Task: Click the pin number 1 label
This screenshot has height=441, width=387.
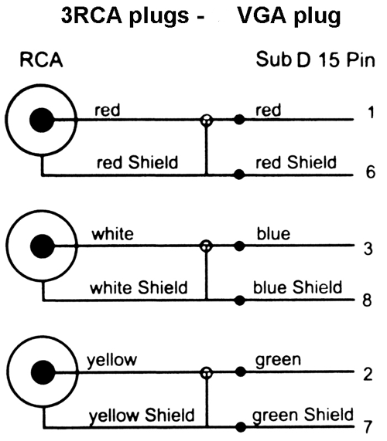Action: [x=372, y=112]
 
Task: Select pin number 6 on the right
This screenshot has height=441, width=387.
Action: [x=371, y=171]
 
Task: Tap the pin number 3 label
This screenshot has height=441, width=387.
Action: [x=368, y=249]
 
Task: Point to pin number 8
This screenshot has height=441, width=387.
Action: [x=367, y=300]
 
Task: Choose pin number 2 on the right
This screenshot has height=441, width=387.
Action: [x=368, y=374]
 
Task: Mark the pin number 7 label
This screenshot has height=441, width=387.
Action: [x=368, y=426]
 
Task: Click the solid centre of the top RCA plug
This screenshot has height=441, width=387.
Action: [x=42, y=120]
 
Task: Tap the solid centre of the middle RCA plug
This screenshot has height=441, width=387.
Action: [x=43, y=246]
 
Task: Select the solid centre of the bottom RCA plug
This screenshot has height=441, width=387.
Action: [x=43, y=371]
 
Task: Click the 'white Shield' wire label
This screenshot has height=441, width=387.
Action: [x=139, y=287]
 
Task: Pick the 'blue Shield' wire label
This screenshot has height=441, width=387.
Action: [x=297, y=287]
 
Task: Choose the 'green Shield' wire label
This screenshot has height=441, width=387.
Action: [x=303, y=415]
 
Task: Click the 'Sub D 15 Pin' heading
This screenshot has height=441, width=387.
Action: [x=316, y=59]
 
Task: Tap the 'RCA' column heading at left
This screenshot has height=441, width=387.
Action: [x=41, y=60]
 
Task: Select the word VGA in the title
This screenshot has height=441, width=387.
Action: [x=262, y=15]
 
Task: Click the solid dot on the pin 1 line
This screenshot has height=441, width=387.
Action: [x=239, y=120]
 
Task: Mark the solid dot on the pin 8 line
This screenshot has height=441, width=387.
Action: [x=240, y=300]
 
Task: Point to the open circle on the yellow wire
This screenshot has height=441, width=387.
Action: [x=207, y=373]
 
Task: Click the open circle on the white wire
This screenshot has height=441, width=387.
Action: [x=206, y=246]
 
